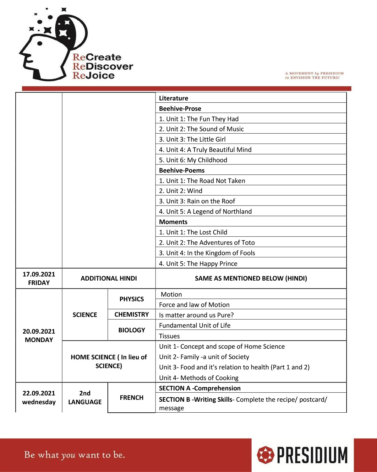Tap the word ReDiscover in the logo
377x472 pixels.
pos(103,67)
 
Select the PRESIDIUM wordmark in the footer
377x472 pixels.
pos(312,455)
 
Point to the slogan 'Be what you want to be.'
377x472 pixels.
pos(75,455)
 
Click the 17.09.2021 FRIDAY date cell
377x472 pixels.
pos(39,278)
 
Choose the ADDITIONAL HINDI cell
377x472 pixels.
pos(109,278)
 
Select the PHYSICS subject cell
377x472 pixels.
pos(132,299)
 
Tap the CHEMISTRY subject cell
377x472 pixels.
pos(132,314)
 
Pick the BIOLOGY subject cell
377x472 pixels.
pos(132,330)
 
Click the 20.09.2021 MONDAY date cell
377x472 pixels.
pos(39,335)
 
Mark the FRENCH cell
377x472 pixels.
pos(132,398)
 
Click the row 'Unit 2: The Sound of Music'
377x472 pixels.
pos(201,129)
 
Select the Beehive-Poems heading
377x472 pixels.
pos(182,170)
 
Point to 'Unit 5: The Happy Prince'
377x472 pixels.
pos(198,264)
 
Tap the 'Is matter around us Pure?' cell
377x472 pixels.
pos(196,315)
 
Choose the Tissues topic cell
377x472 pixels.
pos(170,336)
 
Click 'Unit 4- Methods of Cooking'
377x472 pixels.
pos(199,378)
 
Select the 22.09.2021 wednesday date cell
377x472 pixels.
pos(39,398)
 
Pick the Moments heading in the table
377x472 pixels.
pos(173,222)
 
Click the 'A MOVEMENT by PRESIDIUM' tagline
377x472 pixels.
pos(314,75)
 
